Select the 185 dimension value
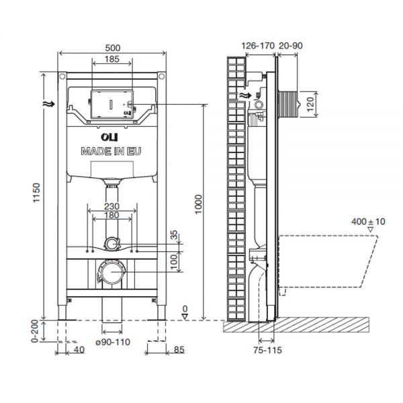111,60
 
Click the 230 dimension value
111,208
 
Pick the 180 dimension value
111,216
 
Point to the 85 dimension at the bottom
179,349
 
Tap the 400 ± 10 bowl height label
369,220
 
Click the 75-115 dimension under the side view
267,349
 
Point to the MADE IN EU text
111,152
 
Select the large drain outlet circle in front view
111,273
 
